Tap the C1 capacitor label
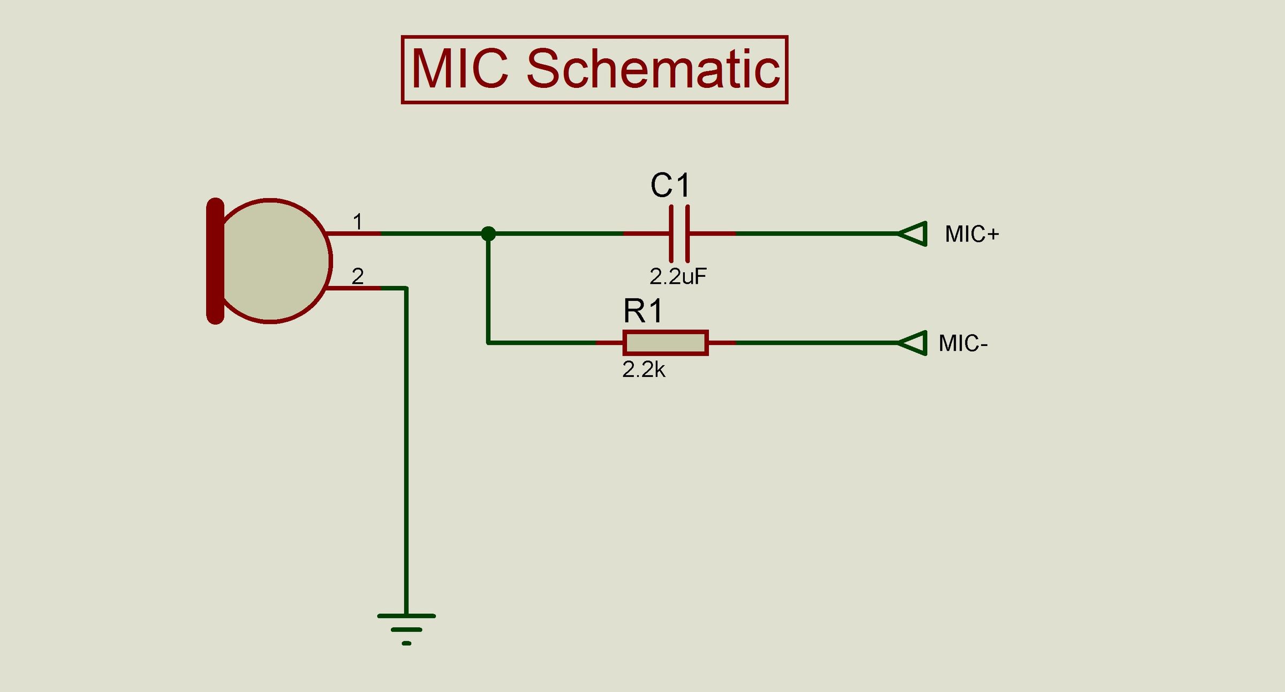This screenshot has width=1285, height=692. (670, 185)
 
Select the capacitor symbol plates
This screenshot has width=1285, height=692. (679, 234)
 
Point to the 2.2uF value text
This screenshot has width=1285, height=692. (678, 276)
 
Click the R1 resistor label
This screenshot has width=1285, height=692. (643, 311)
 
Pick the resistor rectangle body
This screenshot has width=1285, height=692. (666, 343)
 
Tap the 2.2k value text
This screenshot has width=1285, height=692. (644, 370)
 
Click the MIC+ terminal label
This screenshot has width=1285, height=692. (972, 234)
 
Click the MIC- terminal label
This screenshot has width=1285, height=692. (963, 343)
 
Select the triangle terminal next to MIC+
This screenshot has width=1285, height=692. (913, 234)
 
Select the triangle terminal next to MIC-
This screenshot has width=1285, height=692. (913, 343)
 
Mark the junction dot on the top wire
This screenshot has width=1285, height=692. (488, 234)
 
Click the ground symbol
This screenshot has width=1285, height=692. (406, 628)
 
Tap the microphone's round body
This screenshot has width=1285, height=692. (273, 261)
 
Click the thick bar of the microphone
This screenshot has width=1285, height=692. (215, 261)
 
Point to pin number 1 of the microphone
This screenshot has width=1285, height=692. (358, 221)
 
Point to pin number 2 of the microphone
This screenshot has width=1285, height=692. (358, 276)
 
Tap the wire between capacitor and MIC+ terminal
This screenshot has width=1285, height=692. (814, 234)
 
